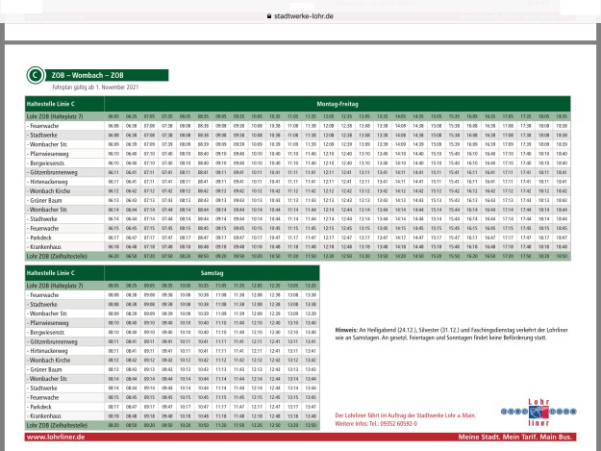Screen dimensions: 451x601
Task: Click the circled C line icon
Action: coord(35,74)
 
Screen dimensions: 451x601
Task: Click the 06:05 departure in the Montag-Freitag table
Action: coord(113,115)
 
